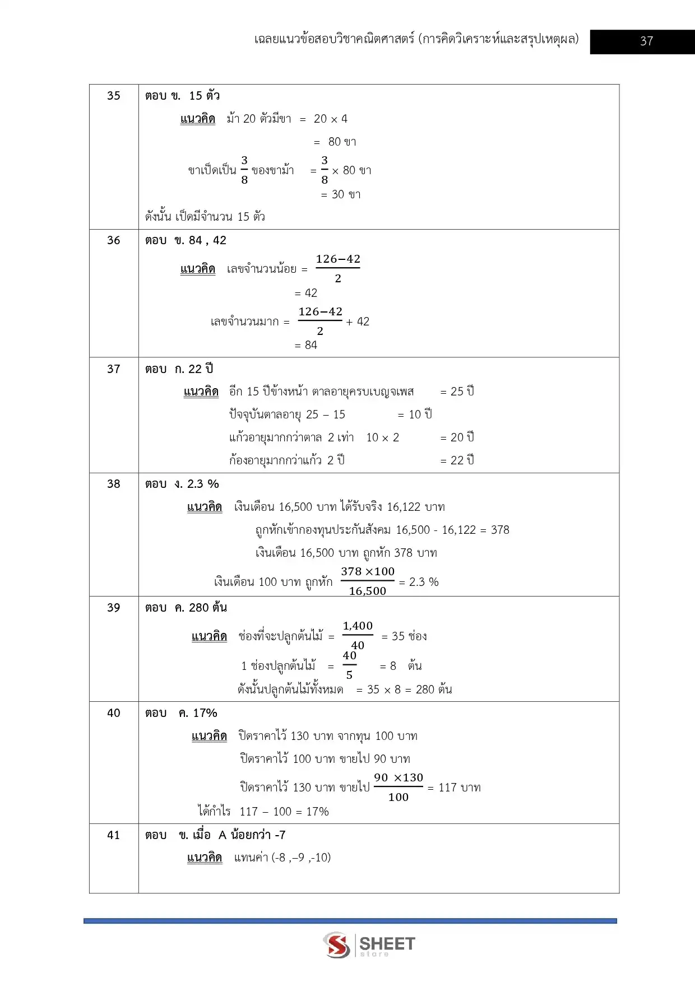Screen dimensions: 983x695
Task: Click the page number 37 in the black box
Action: [646, 41]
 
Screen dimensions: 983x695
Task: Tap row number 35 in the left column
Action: [114, 96]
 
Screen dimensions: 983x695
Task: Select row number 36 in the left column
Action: [114, 240]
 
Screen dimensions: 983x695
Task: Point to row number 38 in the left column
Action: [114, 484]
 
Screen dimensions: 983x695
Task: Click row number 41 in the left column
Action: [114, 835]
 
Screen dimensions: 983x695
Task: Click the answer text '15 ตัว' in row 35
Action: [205, 96]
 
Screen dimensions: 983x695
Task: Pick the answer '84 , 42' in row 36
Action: [207, 240]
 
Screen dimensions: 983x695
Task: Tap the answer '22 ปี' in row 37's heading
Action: [201, 369]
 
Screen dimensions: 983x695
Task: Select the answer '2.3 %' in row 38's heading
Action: [203, 484]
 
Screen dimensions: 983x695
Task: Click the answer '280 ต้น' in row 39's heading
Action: [208, 608]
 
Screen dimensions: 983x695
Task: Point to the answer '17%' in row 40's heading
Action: [205, 713]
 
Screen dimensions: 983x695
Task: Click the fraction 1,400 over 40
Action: [358, 635]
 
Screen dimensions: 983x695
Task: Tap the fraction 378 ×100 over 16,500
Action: [368, 581]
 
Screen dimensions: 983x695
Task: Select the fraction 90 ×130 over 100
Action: [399, 787]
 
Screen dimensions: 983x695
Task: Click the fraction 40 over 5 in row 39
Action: [350, 665]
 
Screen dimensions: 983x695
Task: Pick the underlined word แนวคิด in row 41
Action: [205, 858]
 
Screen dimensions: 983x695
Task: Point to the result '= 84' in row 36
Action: [306, 345]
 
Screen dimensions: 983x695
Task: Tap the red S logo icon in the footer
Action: [337, 945]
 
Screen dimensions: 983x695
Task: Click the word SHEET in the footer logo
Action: [387, 944]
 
